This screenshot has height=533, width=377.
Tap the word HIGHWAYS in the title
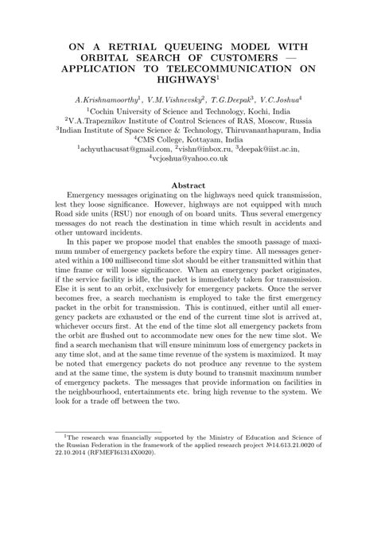pos(185,80)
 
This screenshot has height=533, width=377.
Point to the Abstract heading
pos(188,185)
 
